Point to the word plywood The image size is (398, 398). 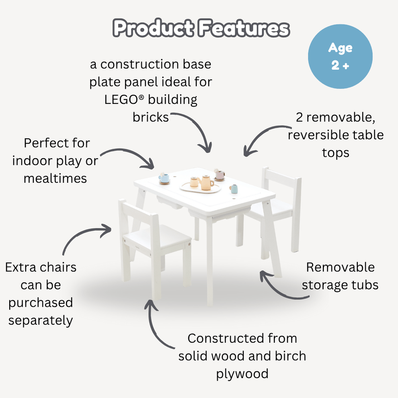[x=242, y=374]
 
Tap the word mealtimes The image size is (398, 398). [x=55, y=178]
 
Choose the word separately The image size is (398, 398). [x=41, y=320]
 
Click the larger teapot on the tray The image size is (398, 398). [x=206, y=182]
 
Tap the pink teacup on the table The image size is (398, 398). [x=219, y=174]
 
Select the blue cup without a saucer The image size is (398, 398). [x=234, y=188]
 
